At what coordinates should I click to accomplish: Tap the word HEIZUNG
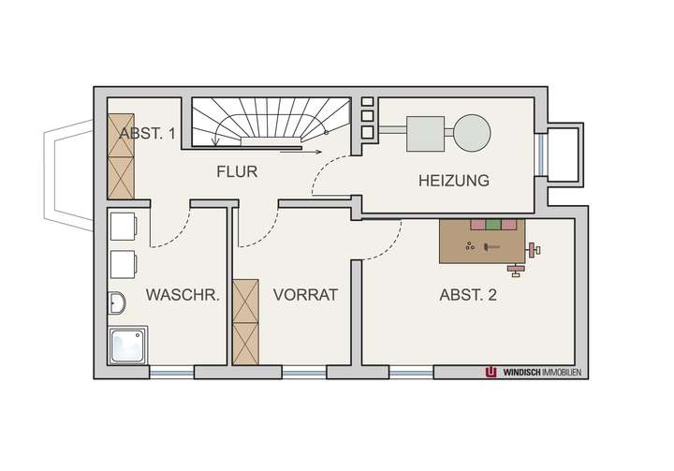tap(454, 181)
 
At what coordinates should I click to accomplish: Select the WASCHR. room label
tap(183, 295)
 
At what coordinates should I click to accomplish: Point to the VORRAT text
tap(304, 295)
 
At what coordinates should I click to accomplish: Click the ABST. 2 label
tap(468, 295)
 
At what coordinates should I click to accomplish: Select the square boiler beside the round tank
tap(424, 131)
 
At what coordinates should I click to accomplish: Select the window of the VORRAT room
tap(304, 373)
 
